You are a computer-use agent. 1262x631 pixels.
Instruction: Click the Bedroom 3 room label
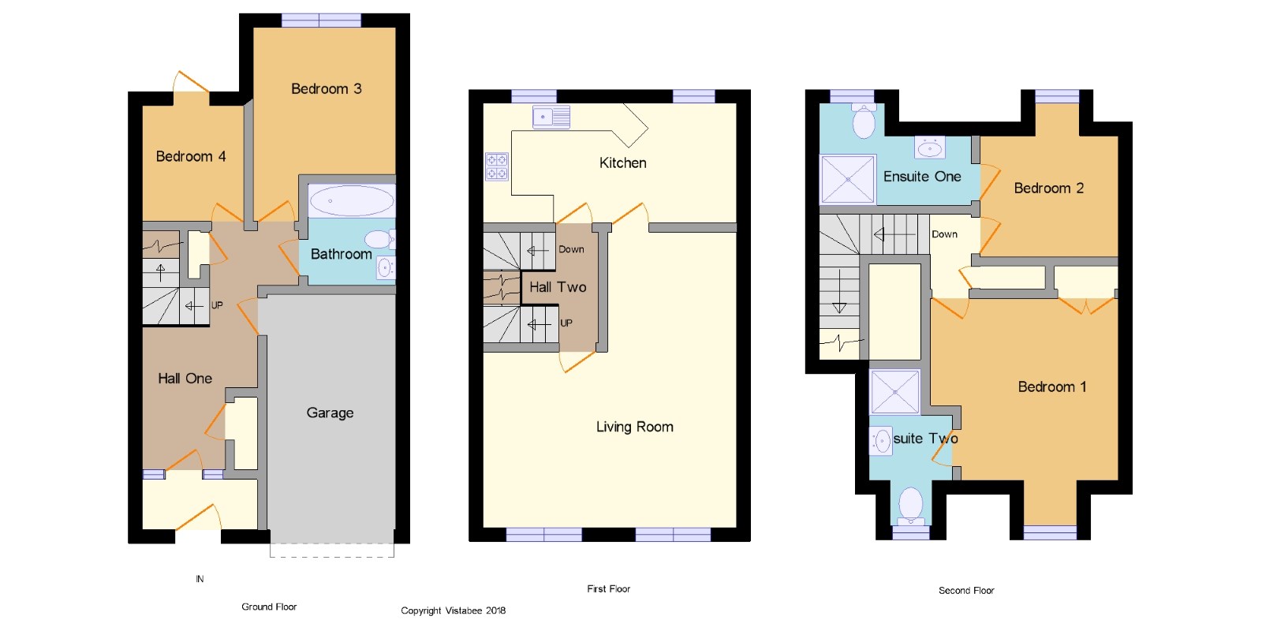[x=327, y=89]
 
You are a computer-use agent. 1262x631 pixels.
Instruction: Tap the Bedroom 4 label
[x=191, y=157]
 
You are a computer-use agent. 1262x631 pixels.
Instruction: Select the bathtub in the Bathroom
[x=352, y=200]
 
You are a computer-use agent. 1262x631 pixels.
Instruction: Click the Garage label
[x=330, y=413]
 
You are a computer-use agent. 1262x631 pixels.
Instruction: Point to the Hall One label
[x=185, y=379]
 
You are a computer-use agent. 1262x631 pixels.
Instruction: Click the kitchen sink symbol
[x=551, y=118]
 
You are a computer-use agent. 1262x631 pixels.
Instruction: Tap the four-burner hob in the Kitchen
[x=496, y=166]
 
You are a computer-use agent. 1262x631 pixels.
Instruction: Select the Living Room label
[x=635, y=427]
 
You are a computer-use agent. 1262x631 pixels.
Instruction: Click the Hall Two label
[x=558, y=287]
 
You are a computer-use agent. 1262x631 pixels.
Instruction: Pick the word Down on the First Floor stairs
[x=571, y=249]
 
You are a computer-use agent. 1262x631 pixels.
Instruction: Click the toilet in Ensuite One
[x=864, y=121]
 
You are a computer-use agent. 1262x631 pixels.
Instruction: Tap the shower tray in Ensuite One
[x=848, y=178]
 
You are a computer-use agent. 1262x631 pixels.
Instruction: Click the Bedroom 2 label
[x=1049, y=189]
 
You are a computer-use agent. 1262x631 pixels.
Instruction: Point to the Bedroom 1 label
[x=1052, y=387]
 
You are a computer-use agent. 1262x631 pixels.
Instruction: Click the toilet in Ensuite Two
[x=910, y=506]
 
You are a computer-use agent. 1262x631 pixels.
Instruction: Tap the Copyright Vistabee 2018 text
[x=454, y=610]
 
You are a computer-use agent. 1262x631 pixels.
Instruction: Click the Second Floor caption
[x=966, y=591]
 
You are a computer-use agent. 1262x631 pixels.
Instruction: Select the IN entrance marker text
[x=200, y=579]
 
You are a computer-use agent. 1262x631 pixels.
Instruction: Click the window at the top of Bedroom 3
[x=321, y=21]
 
